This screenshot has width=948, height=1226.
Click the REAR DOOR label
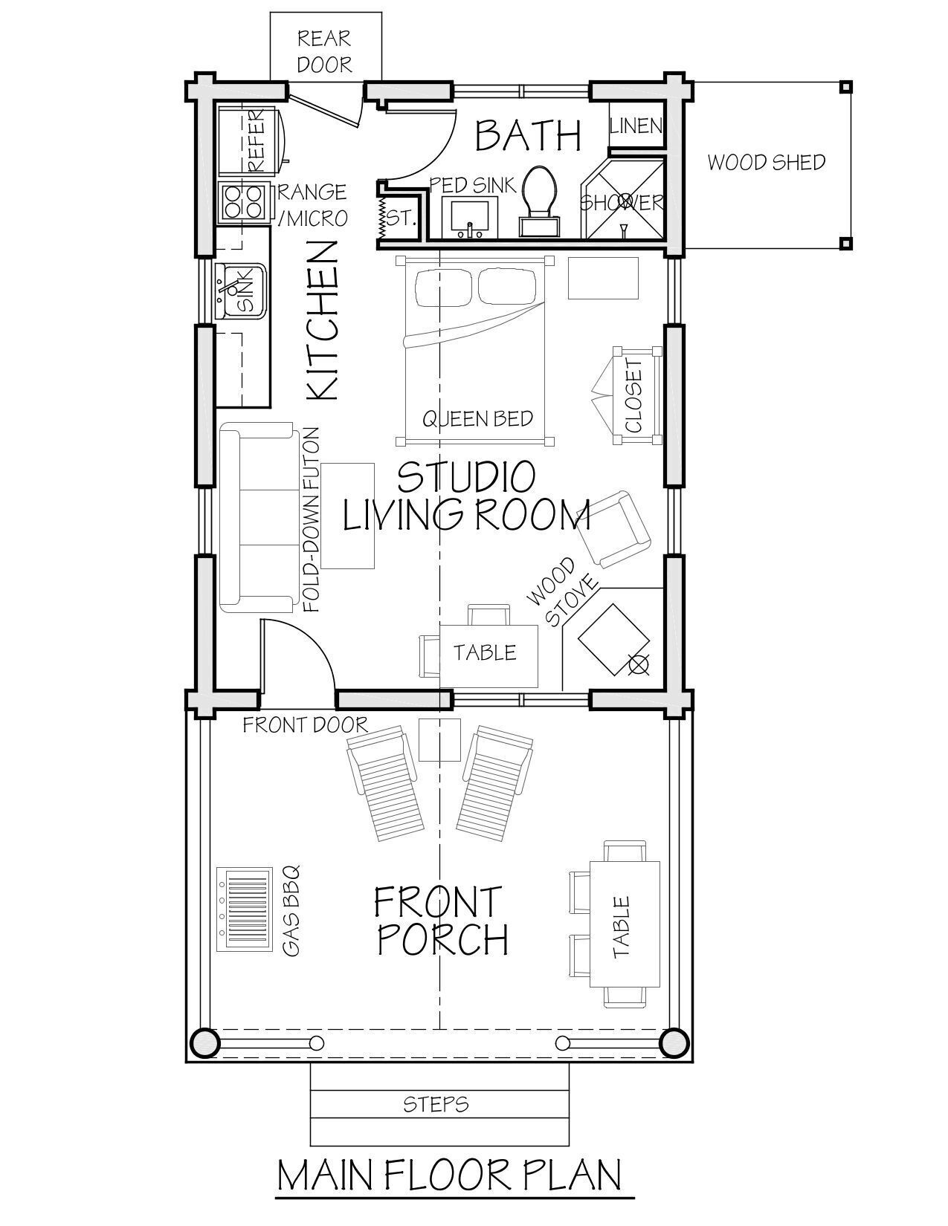coord(324,52)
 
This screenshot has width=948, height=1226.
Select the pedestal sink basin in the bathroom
coord(469,217)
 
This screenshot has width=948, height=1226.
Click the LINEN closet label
coord(636,126)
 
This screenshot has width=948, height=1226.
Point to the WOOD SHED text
coord(766,163)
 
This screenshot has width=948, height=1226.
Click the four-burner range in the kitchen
coord(244,201)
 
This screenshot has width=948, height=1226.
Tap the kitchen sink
coord(240,291)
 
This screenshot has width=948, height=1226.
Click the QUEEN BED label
coord(477,418)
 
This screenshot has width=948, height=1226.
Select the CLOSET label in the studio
coord(634,395)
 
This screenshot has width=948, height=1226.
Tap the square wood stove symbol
coord(613,640)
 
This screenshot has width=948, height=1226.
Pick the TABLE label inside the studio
coord(485,653)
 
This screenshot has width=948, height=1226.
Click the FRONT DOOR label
coord(305,725)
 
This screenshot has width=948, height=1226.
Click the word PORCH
coord(442,939)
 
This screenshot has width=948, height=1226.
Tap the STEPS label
coord(436,1104)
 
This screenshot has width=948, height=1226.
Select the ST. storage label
coord(401,218)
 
